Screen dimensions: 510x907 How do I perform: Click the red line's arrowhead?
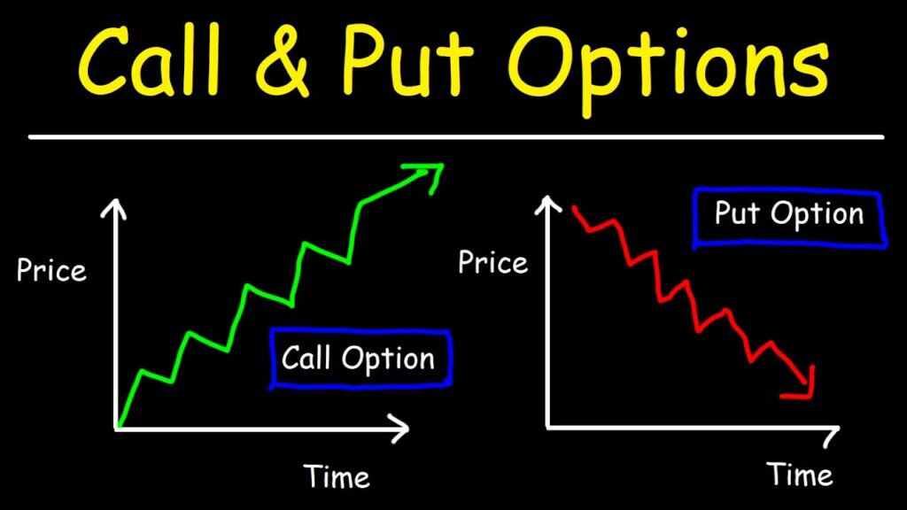803,382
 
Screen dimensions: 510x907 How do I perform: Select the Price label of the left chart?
51,270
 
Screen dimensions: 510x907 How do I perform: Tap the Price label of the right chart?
492,262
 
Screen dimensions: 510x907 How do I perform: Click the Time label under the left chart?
337,476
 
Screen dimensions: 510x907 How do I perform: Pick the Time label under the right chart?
800,474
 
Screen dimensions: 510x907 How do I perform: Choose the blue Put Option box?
789,215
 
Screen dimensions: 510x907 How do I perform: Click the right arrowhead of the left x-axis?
403,429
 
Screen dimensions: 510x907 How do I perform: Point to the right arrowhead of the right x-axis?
831,436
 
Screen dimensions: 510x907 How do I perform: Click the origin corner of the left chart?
116,429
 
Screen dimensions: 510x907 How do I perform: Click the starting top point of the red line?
574,209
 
